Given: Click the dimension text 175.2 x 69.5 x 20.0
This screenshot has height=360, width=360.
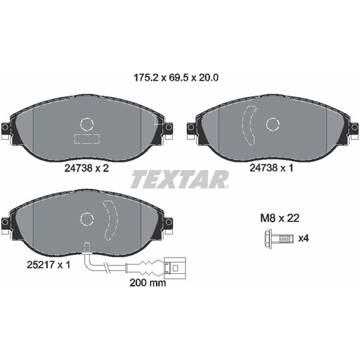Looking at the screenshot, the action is coord(176,78).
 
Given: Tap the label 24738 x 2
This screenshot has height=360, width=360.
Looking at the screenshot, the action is coord(86,168).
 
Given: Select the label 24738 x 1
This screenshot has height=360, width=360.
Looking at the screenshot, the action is coord(271,168).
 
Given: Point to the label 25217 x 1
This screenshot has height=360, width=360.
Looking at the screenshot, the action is coord(49,265).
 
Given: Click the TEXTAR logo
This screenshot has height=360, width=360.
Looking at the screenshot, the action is coord(180,179).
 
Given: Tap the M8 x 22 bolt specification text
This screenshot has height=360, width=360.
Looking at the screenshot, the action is coord(279,218).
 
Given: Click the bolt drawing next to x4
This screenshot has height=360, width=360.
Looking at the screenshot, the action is coord(279,238).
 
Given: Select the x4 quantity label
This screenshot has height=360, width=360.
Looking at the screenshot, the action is coord(303,238).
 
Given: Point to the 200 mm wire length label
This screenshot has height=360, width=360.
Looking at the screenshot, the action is coord(148,283).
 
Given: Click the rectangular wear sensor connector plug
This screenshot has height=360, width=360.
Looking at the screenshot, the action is coord(175,268).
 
